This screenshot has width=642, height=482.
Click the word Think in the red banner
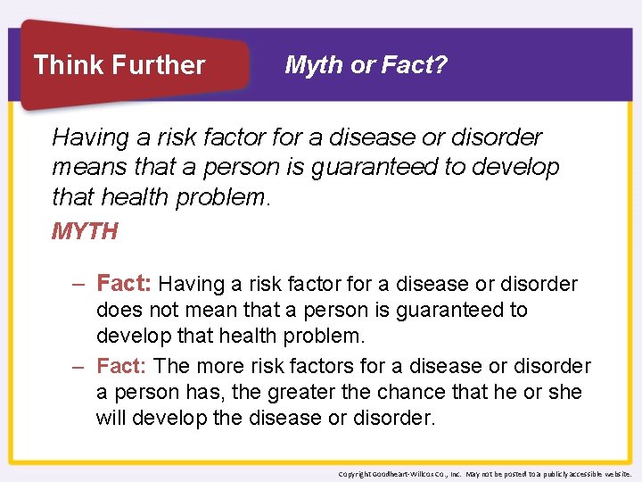(x=65, y=65)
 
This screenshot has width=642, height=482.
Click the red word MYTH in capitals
(x=85, y=232)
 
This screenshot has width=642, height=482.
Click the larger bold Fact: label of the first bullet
(x=124, y=284)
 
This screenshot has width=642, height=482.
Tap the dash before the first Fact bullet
(x=78, y=285)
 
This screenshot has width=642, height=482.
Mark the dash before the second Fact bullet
(x=78, y=367)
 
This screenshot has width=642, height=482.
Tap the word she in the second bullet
(x=564, y=393)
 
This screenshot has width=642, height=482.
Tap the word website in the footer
(x=615, y=474)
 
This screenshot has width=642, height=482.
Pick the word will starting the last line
(x=112, y=419)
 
